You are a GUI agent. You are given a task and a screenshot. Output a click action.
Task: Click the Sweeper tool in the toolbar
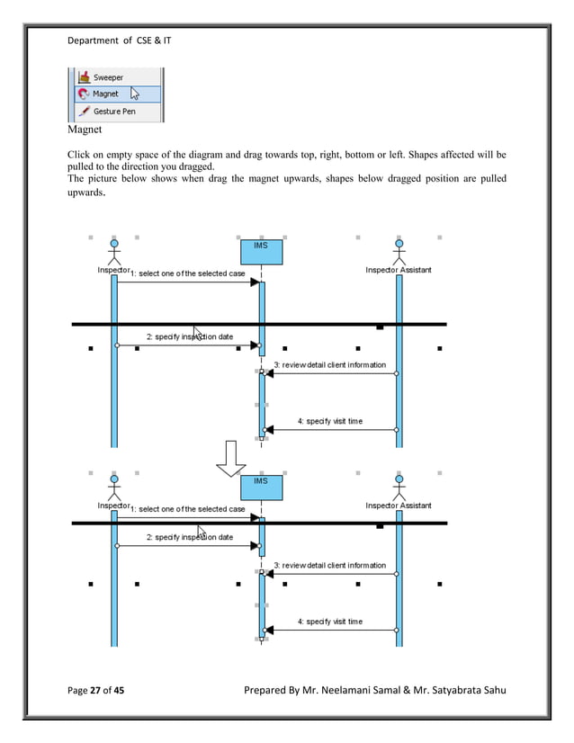[x=107, y=77]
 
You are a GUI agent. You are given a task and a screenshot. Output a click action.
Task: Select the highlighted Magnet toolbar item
[x=105, y=94]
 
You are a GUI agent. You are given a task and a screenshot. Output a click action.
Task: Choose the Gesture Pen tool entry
[x=113, y=112]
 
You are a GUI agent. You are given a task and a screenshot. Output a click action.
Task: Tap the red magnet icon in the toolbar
[x=83, y=94]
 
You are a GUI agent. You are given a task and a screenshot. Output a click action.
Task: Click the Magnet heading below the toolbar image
[x=85, y=130]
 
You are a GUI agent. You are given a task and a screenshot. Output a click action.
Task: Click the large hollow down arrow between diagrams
[x=230, y=458]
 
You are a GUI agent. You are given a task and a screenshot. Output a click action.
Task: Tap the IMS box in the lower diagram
[x=261, y=487]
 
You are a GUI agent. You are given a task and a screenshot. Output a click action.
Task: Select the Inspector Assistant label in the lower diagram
[x=398, y=506]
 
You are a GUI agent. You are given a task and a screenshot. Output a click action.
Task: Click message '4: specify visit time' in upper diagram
[x=329, y=421]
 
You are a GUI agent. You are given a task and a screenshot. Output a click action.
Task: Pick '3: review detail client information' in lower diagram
[x=329, y=566]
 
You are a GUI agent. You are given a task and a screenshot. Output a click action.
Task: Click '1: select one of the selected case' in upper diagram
[x=188, y=273]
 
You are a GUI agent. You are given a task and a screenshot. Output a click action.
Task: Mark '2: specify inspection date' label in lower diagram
[x=189, y=537]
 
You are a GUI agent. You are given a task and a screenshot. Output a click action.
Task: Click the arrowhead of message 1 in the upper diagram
[x=255, y=282]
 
